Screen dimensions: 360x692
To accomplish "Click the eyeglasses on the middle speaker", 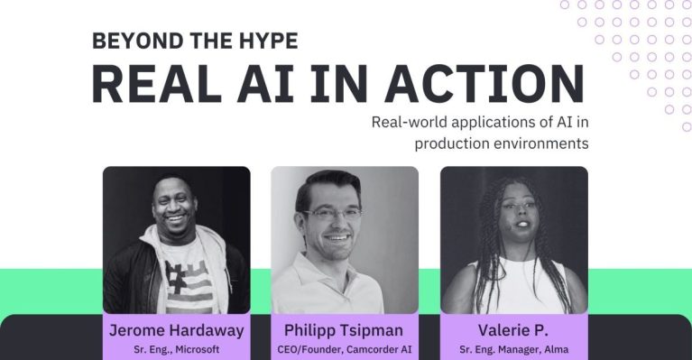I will click(x=337, y=214).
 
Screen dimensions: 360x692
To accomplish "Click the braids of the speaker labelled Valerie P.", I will click(x=475, y=244).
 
